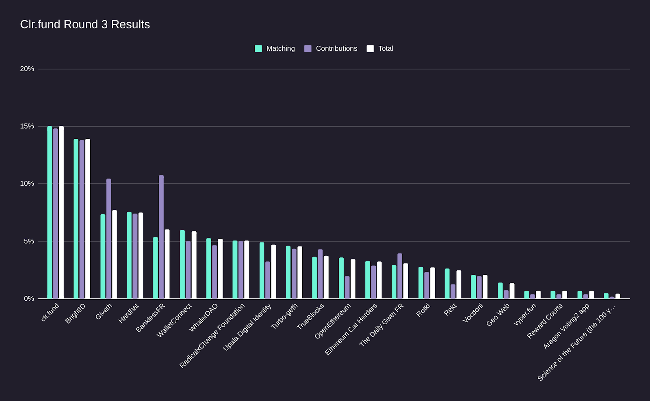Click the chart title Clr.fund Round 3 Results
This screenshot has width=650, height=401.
[x=85, y=24]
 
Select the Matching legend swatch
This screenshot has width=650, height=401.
[x=258, y=49]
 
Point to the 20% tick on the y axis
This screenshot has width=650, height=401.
[x=27, y=69]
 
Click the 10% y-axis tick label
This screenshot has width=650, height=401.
[x=27, y=184]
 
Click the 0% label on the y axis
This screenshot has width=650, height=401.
[x=29, y=299]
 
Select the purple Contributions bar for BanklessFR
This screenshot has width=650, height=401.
[x=161, y=237]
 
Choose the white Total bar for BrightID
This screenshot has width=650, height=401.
[x=88, y=219]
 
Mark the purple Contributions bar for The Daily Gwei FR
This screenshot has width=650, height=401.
[x=400, y=276]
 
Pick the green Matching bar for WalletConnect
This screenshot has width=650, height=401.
[x=182, y=264]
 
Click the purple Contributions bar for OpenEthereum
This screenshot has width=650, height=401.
[x=347, y=287]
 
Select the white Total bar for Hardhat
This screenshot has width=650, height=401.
[x=141, y=256]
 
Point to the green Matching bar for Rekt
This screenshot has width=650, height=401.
[x=447, y=283]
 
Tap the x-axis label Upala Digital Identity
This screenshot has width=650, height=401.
[x=247, y=328]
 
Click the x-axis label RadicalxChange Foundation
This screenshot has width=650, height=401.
[x=212, y=336]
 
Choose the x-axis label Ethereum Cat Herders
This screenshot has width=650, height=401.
[x=351, y=330]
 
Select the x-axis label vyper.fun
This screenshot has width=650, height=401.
[x=525, y=315]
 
